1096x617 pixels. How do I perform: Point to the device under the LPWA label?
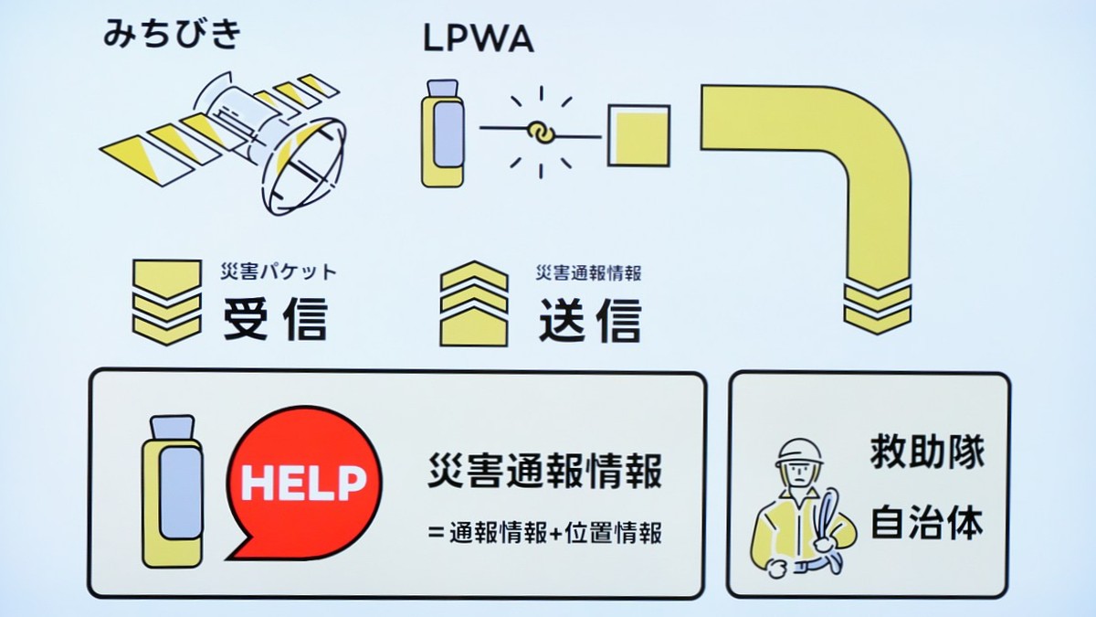[443, 132]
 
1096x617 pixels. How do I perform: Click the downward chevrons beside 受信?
[166, 302]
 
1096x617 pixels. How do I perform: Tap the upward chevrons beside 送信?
[473, 304]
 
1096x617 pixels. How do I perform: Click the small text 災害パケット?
[279, 271]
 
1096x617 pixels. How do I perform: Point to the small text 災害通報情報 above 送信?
[589, 272]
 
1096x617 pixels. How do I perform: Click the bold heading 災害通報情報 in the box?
[544, 473]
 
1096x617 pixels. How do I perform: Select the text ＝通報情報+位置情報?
[544, 533]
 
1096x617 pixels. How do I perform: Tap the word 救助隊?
[926, 453]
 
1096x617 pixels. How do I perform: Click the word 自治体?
[926, 523]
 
